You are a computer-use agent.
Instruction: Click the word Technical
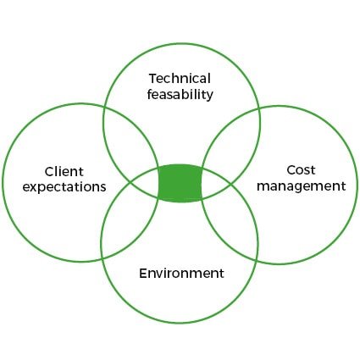click(180, 79)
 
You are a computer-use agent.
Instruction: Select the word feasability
click(180, 95)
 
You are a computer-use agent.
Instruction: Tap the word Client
click(64, 172)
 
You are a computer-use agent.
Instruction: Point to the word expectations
click(64, 187)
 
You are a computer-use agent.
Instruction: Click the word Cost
click(301, 170)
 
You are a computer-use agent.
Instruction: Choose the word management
click(302, 186)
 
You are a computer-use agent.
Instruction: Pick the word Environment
click(181, 274)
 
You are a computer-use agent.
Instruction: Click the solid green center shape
click(180, 183)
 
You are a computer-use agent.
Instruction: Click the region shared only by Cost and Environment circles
click(230, 219)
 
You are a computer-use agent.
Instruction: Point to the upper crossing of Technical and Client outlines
click(104, 108)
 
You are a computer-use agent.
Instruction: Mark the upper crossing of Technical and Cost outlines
click(259, 109)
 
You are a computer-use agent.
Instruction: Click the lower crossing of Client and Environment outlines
click(102, 258)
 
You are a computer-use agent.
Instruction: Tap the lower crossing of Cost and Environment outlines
click(258, 260)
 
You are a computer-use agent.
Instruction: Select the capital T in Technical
click(152, 79)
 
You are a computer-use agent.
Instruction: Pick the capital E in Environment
click(143, 274)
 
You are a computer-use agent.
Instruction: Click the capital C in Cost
click(291, 170)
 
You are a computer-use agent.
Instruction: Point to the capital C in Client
click(49, 172)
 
